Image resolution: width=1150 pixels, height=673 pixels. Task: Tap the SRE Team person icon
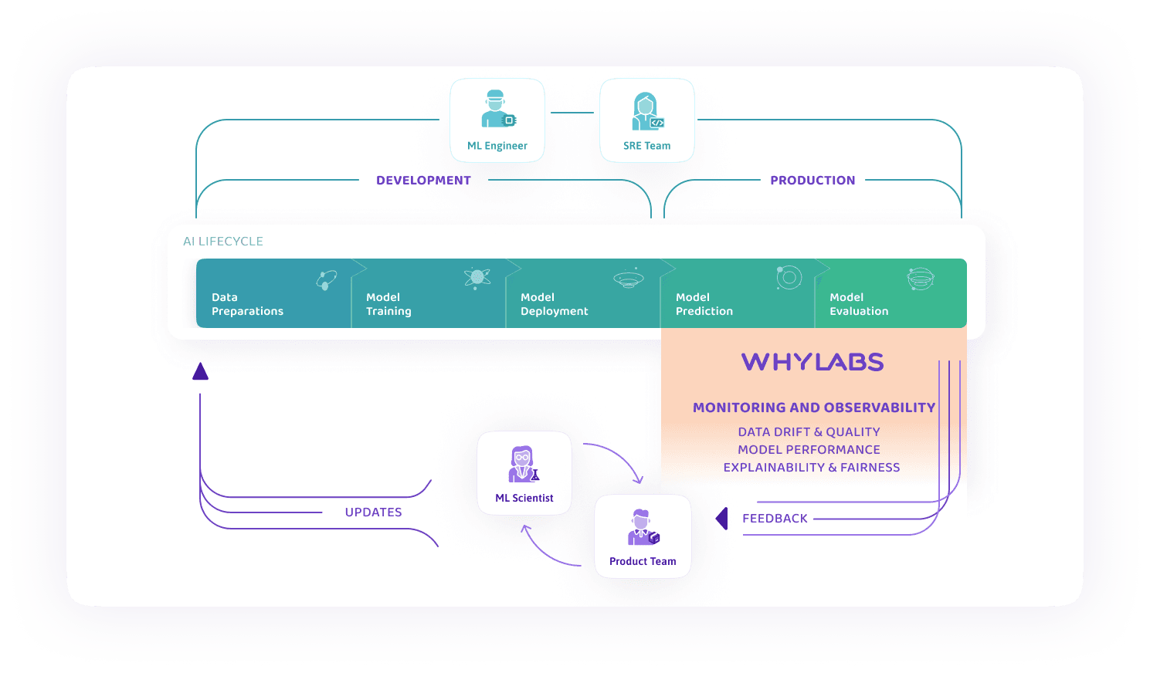(x=647, y=111)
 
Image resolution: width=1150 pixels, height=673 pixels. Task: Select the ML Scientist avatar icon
(x=524, y=464)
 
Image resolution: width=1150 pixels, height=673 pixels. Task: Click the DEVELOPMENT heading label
(x=423, y=181)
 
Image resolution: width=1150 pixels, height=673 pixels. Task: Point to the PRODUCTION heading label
(x=812, y=181)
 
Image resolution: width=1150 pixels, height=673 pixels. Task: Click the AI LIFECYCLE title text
(x=222, y=241)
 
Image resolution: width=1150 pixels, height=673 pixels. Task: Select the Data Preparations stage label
(x=247, y=304)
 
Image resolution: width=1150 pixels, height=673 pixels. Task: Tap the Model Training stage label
(x=388, y=304)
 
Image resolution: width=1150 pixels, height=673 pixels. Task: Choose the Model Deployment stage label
(x=554, y=304)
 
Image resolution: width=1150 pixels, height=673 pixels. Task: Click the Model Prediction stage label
(x=704, y=304)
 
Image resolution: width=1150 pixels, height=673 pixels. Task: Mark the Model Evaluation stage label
(x=859, y=304)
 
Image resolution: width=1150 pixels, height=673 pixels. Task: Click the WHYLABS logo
(x=812, y=362)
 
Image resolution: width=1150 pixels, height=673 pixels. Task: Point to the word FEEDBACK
(x=775, y=519)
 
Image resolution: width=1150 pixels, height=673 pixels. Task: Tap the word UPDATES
(x=373, y=512)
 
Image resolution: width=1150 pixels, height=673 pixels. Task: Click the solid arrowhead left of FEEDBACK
(x=722, y=519)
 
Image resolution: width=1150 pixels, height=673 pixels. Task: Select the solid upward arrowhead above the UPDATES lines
(x=200, y=371)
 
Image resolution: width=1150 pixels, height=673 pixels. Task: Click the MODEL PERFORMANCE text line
(x=809, y=450)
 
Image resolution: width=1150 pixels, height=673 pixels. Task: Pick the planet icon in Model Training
(x=477, y=278)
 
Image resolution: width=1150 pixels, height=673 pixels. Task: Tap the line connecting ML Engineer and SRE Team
(x=572, y=113)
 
